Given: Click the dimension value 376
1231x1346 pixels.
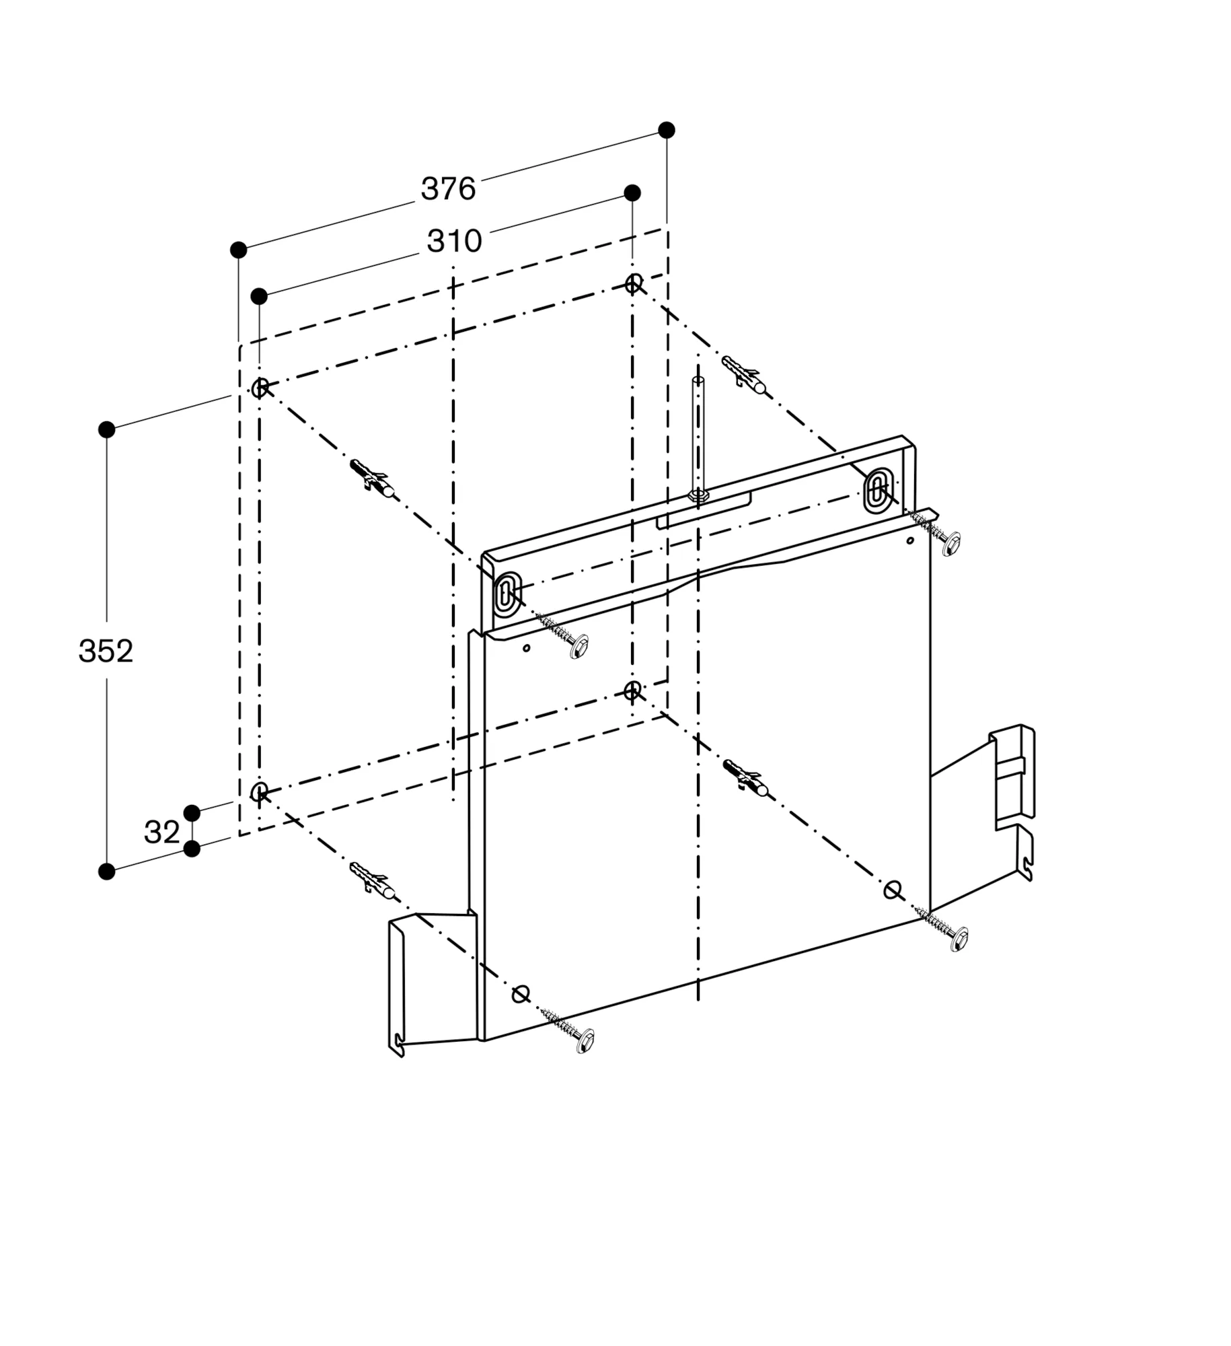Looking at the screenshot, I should click(448, 189).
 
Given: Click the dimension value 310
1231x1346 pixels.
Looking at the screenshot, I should click(454, 241).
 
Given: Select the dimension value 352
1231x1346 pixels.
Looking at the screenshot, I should click(106, 651).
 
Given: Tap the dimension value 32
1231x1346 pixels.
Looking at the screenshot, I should click(161, 833).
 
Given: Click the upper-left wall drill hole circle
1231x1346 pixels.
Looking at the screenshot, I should click(260, 387).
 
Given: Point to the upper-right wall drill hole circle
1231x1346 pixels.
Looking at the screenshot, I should click(633, 283).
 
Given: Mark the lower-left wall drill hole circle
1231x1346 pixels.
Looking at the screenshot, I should click(260, 791).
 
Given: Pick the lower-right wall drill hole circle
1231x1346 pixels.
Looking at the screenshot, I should click(632, 690).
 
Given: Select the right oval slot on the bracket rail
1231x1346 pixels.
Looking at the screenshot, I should click(876, 487).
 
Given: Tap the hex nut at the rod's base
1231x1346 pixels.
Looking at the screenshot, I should click(698, 495).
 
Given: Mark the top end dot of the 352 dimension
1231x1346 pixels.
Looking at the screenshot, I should click(107, 429).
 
